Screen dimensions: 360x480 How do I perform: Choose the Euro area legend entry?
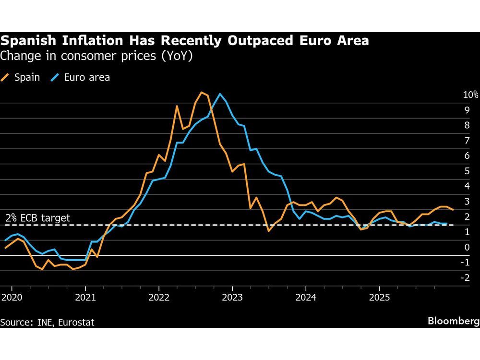pyautogui.click(x=81, y=77)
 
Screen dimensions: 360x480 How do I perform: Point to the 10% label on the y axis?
pyautogui.click(x=470, y=95)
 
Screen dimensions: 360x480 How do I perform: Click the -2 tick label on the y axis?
pyautogui.click(x=464, y=277)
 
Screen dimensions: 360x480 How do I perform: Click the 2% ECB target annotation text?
pyautogui.click(x=37, y=218)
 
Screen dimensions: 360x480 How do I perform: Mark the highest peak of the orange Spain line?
pyautogui.click(x=201, y=92)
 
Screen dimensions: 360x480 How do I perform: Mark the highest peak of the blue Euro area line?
pyautogui.click(x=220, y=94)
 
